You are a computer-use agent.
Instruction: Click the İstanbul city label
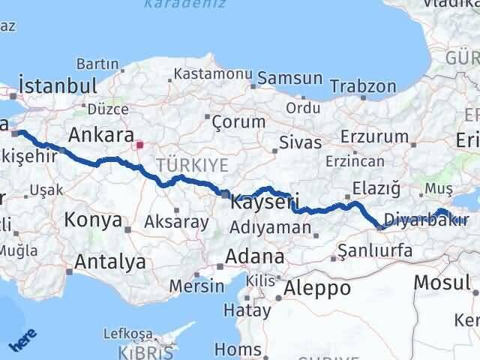coord(58,84)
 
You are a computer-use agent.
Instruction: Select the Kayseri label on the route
coord(265,202)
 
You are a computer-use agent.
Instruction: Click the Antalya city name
coord(110,262)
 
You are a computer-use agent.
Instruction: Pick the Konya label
coord(94,220)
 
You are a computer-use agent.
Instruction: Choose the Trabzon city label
coord(364,85)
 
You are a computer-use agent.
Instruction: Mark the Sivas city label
coord(300,142)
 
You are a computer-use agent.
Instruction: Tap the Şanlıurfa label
coord(376,250)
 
